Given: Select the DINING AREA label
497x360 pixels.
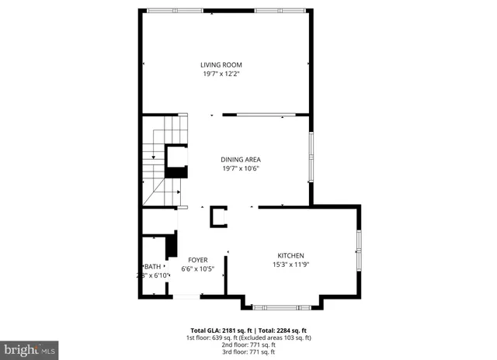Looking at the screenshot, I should [240, 159].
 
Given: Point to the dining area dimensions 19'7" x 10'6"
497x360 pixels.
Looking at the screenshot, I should [240, 168].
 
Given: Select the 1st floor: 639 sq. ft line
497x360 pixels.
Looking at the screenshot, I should [248, 337].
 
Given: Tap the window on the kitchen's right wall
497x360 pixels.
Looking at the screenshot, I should [359, 251].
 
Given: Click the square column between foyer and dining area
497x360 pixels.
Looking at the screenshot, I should [217, 216].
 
